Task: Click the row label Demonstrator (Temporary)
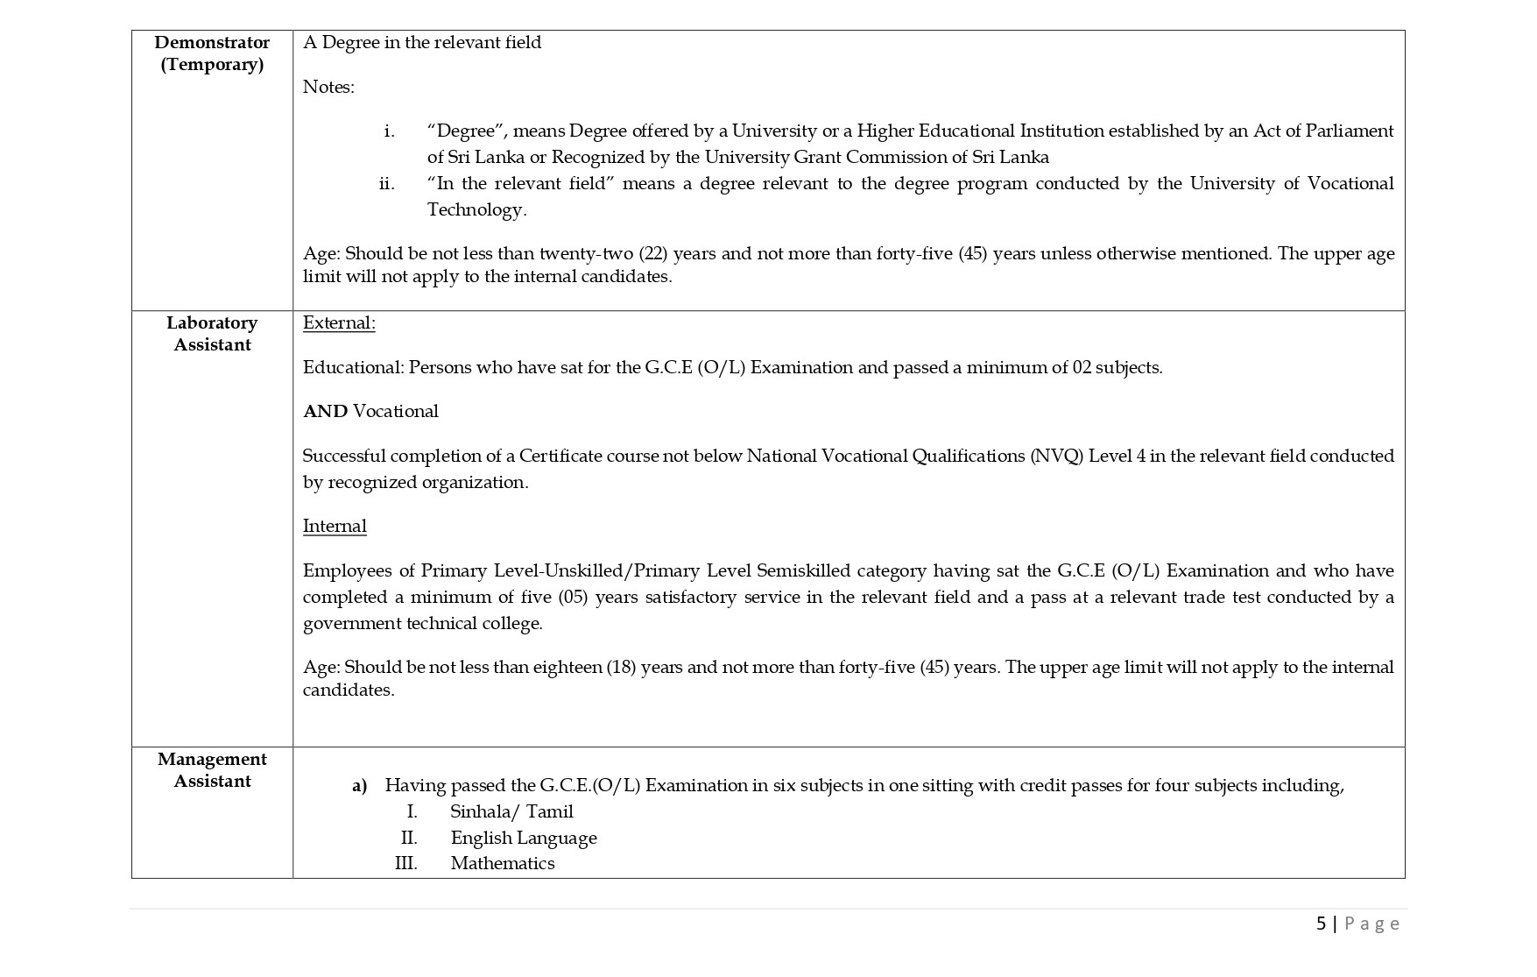pyautogui.click(x=212, y=53)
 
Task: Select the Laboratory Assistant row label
pyautogui.click(x=212, y=333)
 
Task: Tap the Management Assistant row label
pyautogui.click(x=212, y=769)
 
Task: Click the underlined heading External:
pyautogui.click(x=339, y=322)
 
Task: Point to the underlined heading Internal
pyautogui.click(x=335, y=526)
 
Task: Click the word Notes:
pyautogui.click(x=328, y=87)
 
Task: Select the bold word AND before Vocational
pyautogui.click(x=325, y=411)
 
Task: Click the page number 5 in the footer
pyautogui.click(x=1321, y=923)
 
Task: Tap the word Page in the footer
pyautogui.click(x=1372, y=923)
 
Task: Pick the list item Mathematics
pyautogui.click(x=503, y=863)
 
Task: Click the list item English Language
pyautogui.click(x=524, y=838)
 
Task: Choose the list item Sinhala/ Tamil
pyautogui.click(x=511, y=811)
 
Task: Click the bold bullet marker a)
pyautogui.click(x=359, y=786)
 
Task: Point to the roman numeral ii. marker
pyautogui.click(x=386, y=183)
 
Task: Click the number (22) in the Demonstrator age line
pyautogui.click(x=653, y=253)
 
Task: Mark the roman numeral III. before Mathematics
pyautogui.click(x=405, y=863)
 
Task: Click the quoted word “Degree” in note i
pyautogui.click(x=466, y=131)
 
